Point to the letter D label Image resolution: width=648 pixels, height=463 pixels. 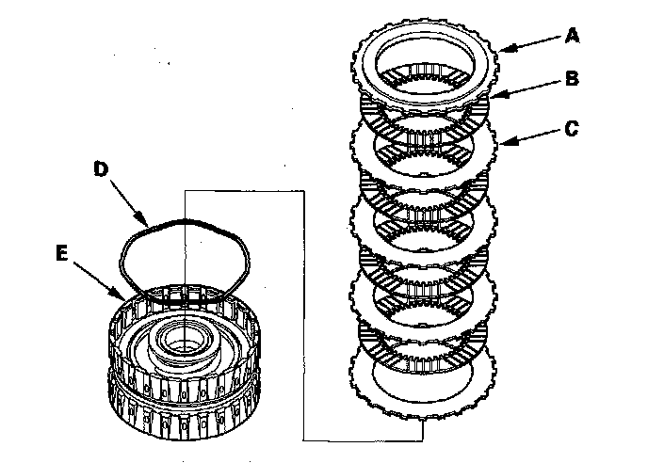click(102, 170)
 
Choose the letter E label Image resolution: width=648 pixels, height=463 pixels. click(63, 251)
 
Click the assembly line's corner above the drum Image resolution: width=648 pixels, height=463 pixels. click(187, 191)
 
